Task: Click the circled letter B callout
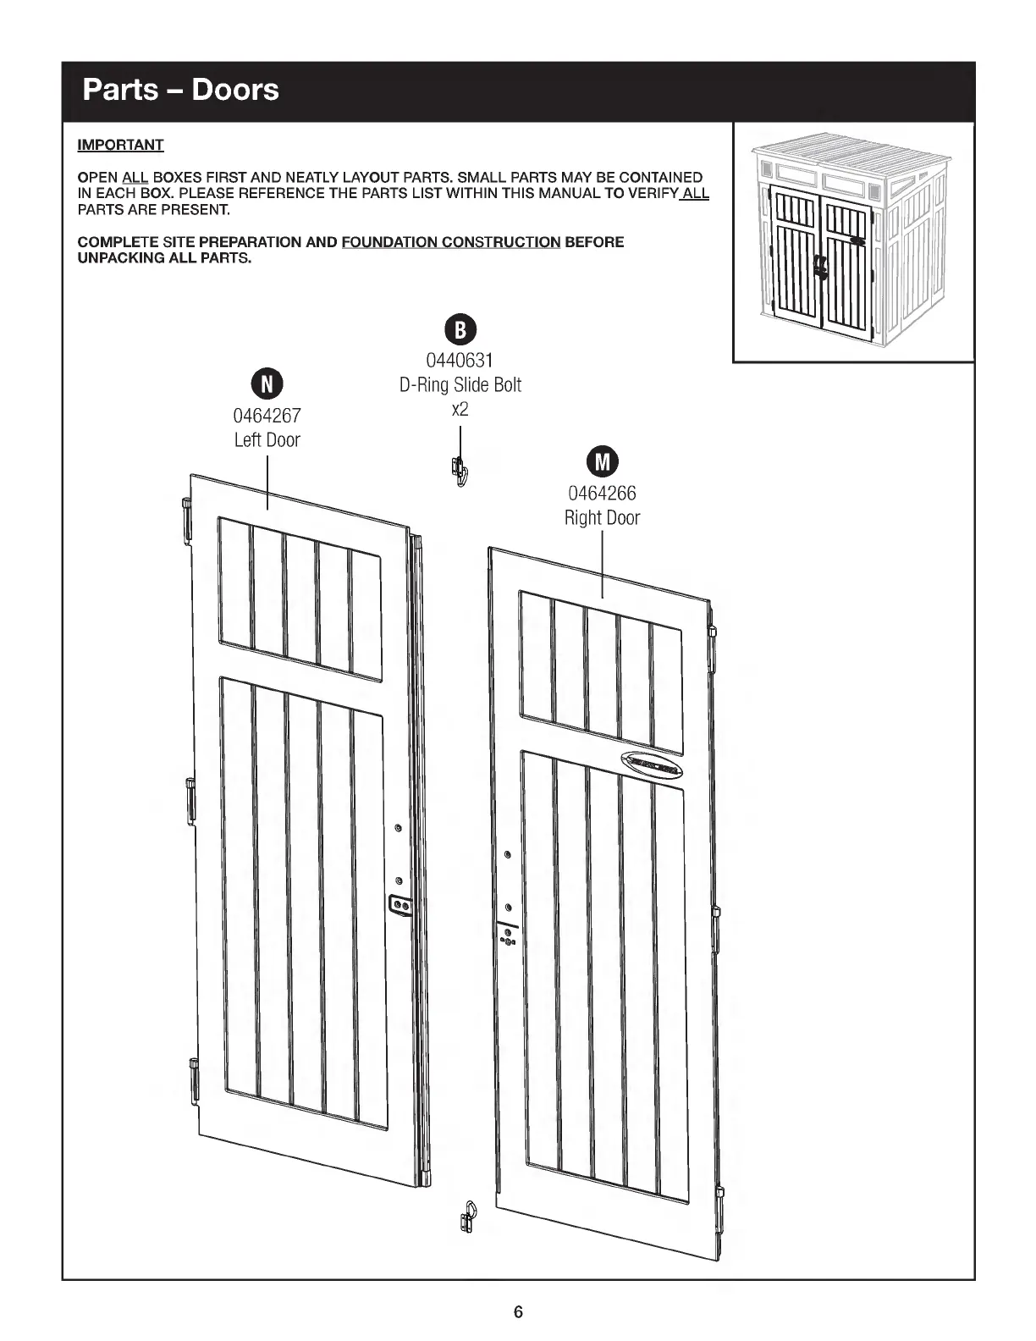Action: [x=460, y=329]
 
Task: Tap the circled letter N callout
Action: [x=267, y=384]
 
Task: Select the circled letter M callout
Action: [x=602, y=461]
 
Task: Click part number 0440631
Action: [x=460, y=361]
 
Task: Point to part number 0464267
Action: [x=267, y=416]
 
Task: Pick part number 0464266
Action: [x=602, y=493]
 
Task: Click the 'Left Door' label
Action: [x=267, y=439]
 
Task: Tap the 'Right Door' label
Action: [x=602, y=517]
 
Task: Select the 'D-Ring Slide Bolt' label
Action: [x=460, y=385]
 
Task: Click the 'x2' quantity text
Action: [x=460, y=409]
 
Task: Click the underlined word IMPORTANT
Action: [x=120, y=145]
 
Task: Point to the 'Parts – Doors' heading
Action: [x=180, y=90]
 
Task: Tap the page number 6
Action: [x=518, y=1312]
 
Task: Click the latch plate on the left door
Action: [x=400, y=906]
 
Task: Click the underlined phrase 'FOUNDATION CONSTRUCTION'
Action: [x=450, y=242]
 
